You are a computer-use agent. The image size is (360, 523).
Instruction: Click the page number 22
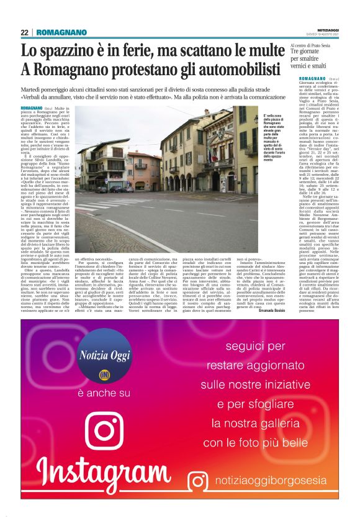(25, 32)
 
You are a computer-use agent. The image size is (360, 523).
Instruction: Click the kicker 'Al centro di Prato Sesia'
(313, 45)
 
